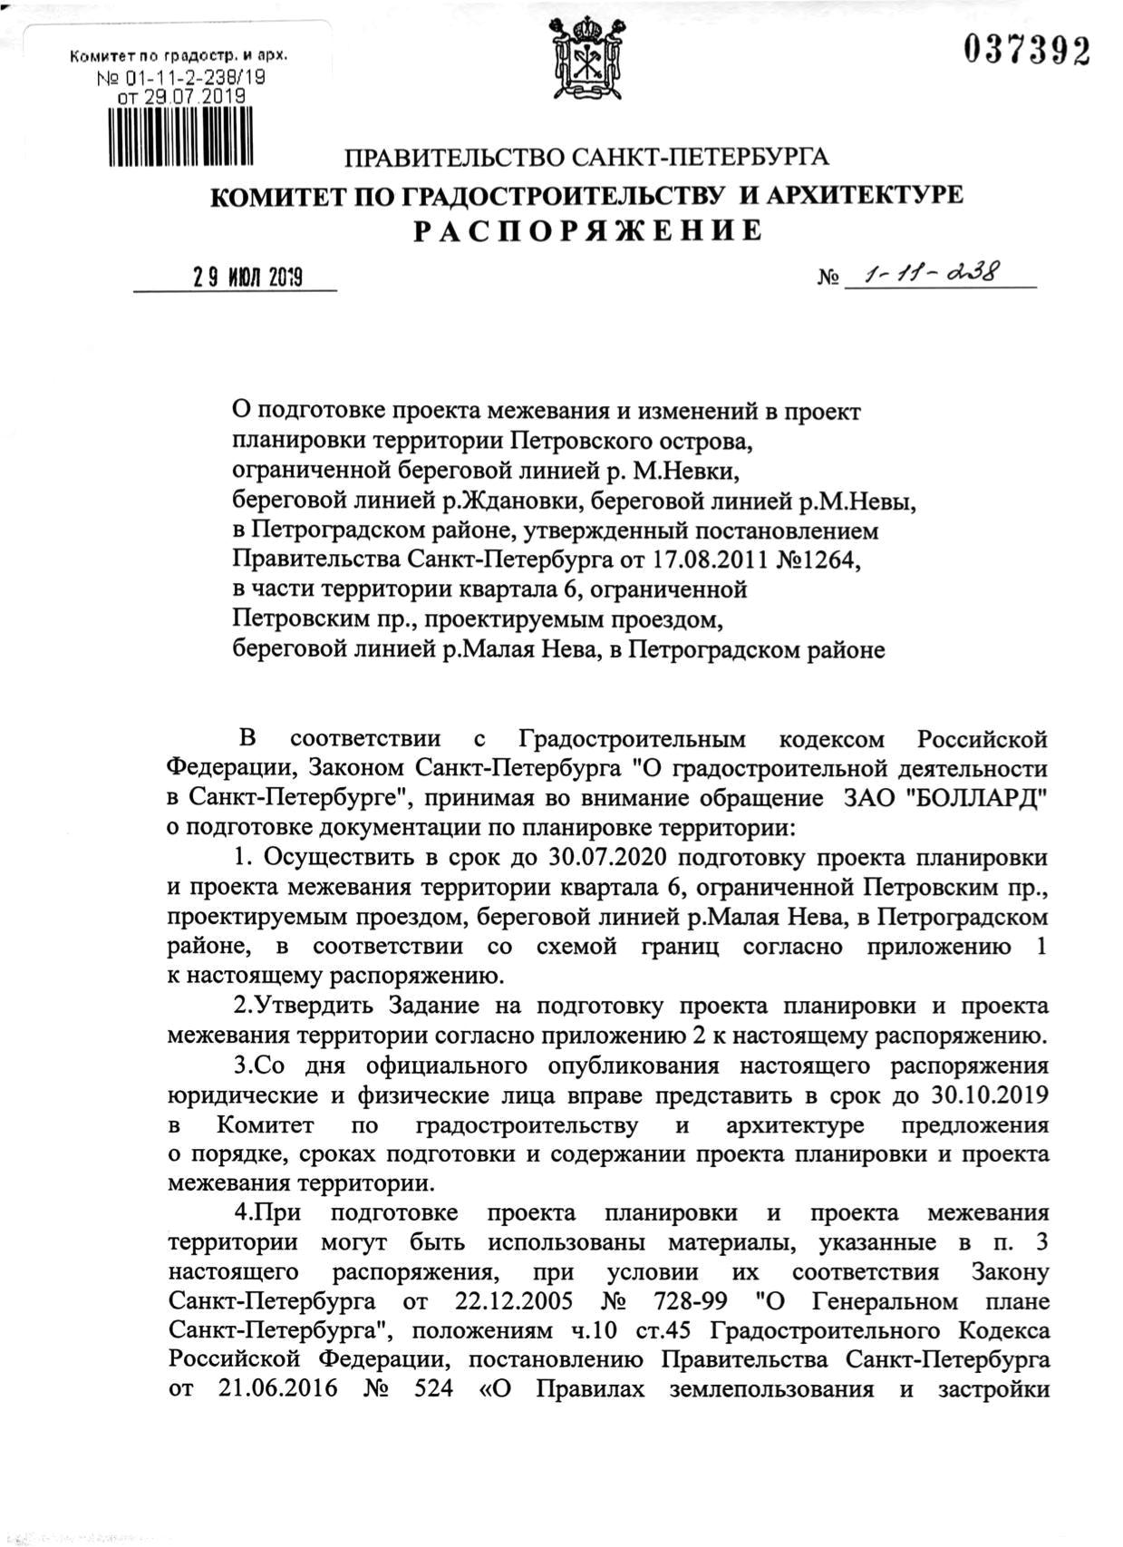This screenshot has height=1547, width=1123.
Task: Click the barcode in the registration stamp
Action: point(180,136)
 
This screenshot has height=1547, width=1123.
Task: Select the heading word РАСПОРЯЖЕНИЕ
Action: point(588,231)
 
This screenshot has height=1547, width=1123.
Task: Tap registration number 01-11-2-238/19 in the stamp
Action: point(190,78)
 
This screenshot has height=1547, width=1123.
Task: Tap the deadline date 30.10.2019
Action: point(990,1095)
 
